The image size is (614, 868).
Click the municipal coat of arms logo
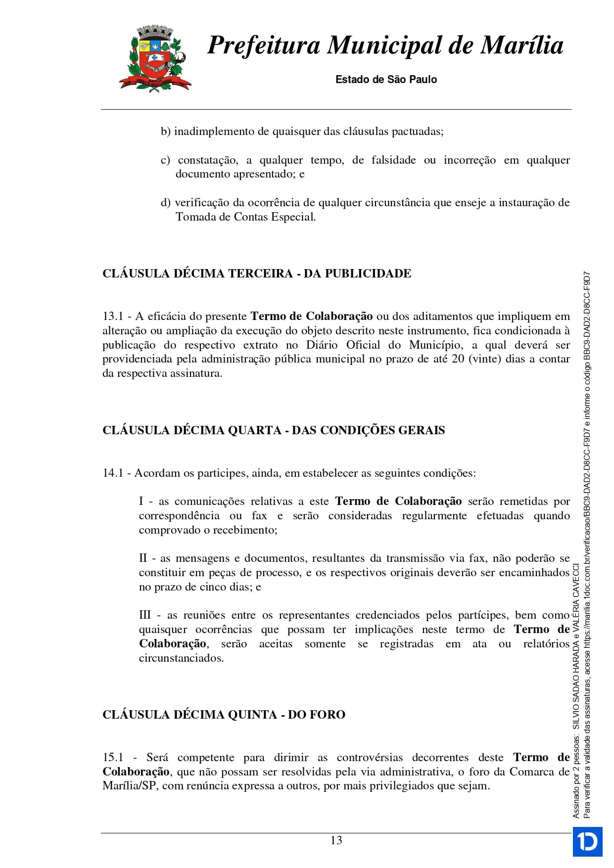[x=154, y=59]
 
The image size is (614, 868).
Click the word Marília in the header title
[x=522, y=46]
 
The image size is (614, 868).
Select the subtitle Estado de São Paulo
[x=386, y=80]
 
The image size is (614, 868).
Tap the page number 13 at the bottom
[x=336, y=840]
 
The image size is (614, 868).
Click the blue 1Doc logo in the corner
[x=587, y=841]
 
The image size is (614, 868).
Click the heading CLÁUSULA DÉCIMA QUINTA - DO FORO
[x=224, y=715]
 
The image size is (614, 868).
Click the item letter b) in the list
[x=165, y=132]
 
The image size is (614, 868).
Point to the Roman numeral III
[x=144, y=615]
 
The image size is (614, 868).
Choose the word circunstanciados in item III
[x=181, y=658]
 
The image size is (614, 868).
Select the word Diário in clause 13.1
[x=323, y=345]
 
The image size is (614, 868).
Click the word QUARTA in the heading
[x=254, y=430]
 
